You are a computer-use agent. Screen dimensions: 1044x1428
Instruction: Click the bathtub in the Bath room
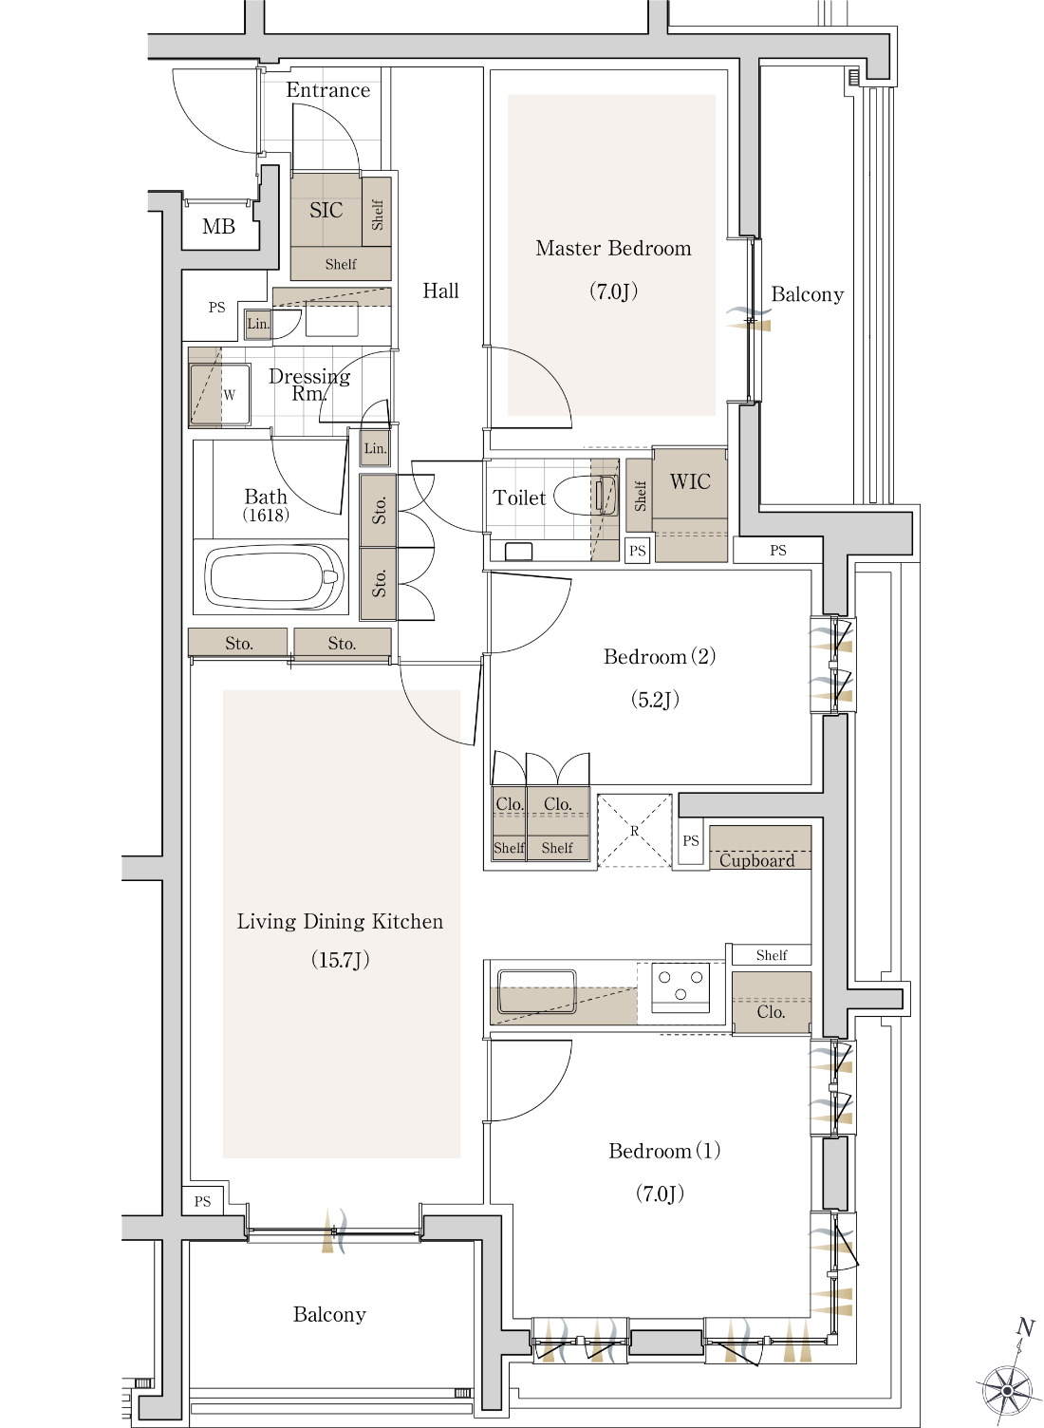(x=274, y=575)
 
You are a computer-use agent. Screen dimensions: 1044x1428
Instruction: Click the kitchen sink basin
(x=536, y=991)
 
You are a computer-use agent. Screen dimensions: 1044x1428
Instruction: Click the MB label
(x=218, y=226)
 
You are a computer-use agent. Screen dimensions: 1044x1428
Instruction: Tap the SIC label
(x=326, y=210)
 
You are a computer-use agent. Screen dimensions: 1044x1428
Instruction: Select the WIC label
(x=690, y=481)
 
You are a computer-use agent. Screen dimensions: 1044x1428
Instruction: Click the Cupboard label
(x=756, y=860)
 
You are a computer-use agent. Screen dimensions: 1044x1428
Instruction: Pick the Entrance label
(x=327, y=90)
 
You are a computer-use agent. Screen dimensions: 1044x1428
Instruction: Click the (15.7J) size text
(x=341, y=959)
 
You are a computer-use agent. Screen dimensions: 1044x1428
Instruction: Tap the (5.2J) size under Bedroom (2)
(x=655, y=700)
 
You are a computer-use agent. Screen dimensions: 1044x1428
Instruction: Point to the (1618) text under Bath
(x=266, y=515)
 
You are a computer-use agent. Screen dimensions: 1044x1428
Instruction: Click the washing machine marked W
(x=220, y=394)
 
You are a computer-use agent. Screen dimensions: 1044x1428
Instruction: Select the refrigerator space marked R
(x=634, y=830)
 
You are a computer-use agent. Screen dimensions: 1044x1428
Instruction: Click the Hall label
(x=440, y=291)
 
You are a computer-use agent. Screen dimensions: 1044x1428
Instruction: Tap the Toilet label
(x=519, y=498)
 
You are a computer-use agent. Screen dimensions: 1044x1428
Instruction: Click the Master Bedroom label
(x=613, y=248)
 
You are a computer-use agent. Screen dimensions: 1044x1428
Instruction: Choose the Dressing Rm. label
(x=309, y=385)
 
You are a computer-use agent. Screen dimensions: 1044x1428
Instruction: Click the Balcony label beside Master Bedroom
(x=807, y=294)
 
